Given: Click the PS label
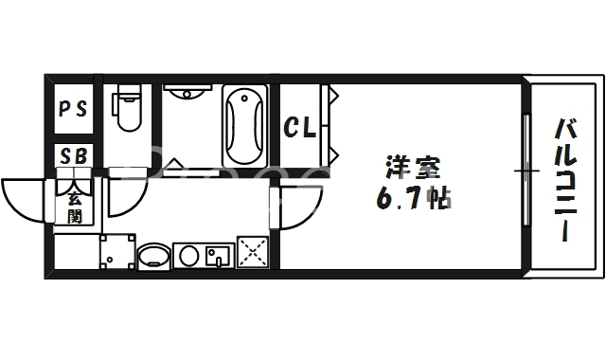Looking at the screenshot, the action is click(x=73, y=108).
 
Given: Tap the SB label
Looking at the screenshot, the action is click(x=73, y=156).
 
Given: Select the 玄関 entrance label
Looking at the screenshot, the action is click(x=74, y=208).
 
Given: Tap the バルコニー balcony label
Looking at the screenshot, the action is click(x=566, y=180).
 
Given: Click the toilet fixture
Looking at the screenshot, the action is click(x=126, y=110).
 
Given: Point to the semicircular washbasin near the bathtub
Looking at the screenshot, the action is click(x=189, y=91).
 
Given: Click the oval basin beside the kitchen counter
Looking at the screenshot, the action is click(x=154, y=256).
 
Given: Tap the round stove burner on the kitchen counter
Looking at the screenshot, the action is click(x=188, y=256).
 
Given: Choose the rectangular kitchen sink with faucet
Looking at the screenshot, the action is click(x=219, y=255).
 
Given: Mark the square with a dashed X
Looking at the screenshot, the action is click(x=253, y=253).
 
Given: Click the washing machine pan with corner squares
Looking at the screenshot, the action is click(x=118, y=252).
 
